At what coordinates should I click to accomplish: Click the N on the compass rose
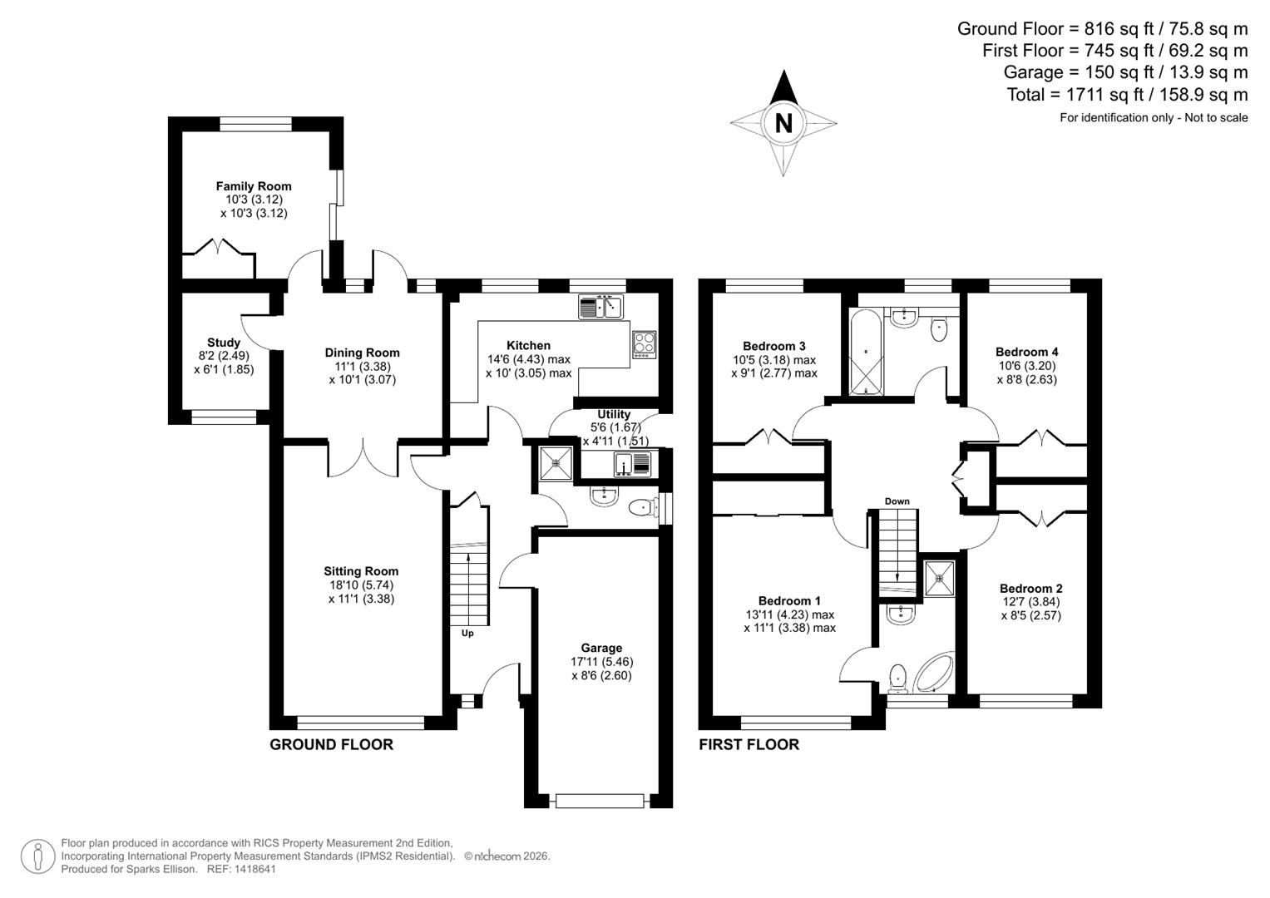point(783,123)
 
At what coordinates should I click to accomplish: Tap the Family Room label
point(254,186)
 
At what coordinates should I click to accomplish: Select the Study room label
point(224,343)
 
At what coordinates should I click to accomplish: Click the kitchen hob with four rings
point(645,344)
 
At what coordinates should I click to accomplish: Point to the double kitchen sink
point(600,307)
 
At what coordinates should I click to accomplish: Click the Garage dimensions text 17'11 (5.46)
point(601,662)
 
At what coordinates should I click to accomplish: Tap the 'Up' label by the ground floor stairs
point(467,634)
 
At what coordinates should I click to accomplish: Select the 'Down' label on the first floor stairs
point(897,501)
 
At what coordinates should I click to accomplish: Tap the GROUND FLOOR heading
point(331,745)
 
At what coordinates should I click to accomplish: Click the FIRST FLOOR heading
point(749,745)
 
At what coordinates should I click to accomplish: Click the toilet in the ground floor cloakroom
point(640,507)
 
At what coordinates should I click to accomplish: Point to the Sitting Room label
point(361,571)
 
